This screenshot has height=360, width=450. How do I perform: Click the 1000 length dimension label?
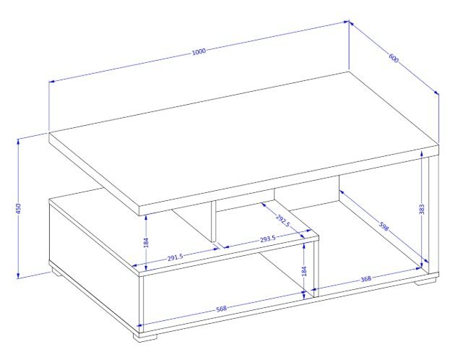tap(199, 51)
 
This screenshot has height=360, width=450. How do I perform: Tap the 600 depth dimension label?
tap(394, 59)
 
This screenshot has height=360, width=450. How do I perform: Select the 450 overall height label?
tap(18, 208)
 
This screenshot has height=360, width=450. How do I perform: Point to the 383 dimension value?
tap(421, 210)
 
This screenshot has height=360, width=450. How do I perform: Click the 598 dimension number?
tap(384, 226)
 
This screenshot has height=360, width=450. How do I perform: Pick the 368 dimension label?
tap(365, 279)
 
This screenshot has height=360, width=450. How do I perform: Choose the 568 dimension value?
tap(221, 309)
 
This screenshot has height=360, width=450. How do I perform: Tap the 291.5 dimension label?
tap(175, 257)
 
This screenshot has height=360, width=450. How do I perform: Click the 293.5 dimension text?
tap(268, 239)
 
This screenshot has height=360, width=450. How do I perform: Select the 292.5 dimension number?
tap(283, 220)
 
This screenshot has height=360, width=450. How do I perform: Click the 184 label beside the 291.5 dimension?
tap(146, 242)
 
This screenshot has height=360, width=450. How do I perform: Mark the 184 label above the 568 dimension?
tap(304, 271)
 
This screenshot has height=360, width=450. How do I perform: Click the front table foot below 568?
tap(145, 336)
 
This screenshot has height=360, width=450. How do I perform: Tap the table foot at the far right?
tap(425, 280)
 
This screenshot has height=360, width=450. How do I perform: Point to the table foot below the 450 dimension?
tap(57, 272)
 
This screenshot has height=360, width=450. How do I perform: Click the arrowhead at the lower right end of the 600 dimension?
tap(436, 92)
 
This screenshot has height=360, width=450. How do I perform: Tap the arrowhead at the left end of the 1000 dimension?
tap(52, 82)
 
